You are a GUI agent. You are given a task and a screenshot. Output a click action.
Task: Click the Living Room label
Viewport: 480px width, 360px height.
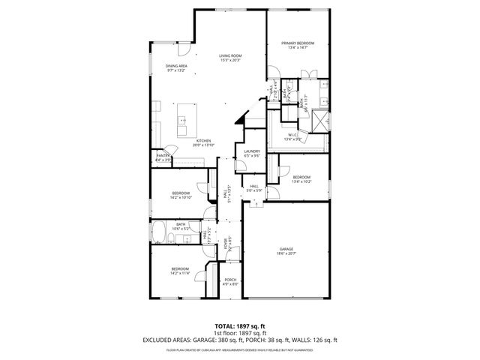[230, 55]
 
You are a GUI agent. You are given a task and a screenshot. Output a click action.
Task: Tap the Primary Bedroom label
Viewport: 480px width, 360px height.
[298, 43]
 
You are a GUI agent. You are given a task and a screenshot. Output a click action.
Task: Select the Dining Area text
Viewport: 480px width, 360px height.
[176, 66]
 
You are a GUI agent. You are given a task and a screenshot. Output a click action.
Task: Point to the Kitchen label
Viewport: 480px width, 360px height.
[203, 140]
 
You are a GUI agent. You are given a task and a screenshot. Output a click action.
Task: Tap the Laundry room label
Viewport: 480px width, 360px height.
[252, 151]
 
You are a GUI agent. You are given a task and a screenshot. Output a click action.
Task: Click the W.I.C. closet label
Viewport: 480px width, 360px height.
[292, 136]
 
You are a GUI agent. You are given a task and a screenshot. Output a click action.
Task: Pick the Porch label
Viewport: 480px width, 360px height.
[230, 280]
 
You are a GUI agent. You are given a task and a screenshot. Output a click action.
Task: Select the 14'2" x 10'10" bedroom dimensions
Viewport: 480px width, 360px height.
[181, 198]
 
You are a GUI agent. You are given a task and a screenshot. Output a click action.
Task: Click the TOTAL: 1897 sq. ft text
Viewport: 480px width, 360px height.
[239, 325]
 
